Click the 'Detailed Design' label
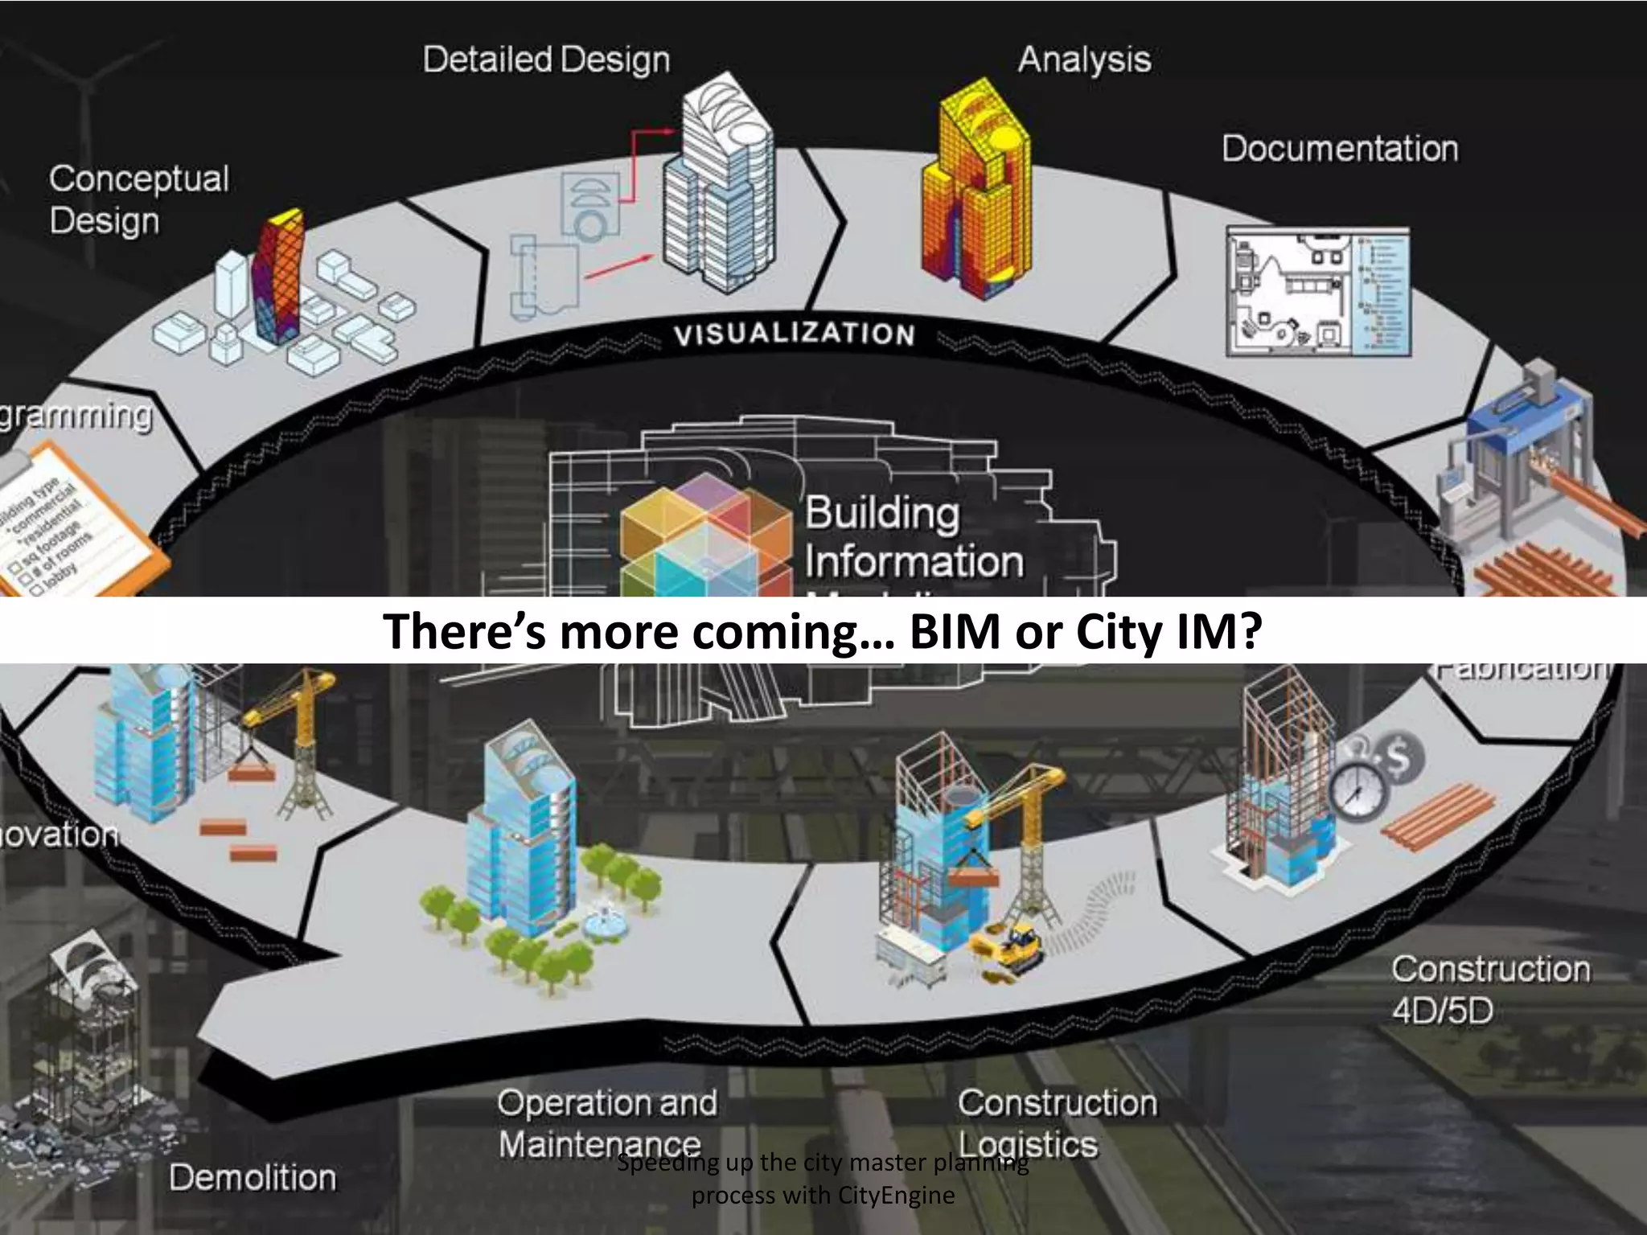(x=546, y=60)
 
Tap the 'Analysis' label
(x=1084, y=60)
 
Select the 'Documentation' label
(x=1340, y=149)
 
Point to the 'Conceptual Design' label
(x=138, y=199)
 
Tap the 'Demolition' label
(x=253, y=1178)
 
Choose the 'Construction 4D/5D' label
(x=1490, y=989)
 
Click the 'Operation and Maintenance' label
(x=606, y=1123)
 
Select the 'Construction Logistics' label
(x=1057, y=1123)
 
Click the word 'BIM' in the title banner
(x=955, y=632)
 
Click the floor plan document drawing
(x=1317, y=290)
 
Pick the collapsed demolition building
(x=88, y=1045)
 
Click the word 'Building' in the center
(x=881, y=513)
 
